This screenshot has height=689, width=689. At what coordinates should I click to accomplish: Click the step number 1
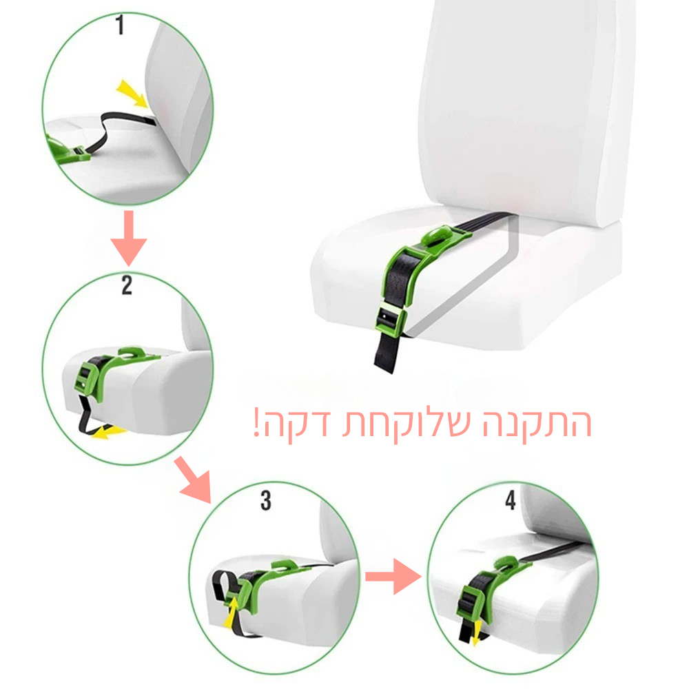(120, 25)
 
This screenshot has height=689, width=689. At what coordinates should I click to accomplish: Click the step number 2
(127, 285)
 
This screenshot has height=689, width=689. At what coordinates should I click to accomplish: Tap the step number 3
(266, 500)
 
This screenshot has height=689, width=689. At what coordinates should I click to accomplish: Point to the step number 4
(510, 500)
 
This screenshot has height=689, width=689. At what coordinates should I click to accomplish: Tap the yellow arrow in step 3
(231, 611)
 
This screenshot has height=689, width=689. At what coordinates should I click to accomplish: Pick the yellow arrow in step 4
(475, 633)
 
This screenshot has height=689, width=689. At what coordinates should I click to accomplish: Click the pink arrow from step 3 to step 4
(393, 577)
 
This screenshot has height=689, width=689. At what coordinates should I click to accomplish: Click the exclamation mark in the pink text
(256, 422)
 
